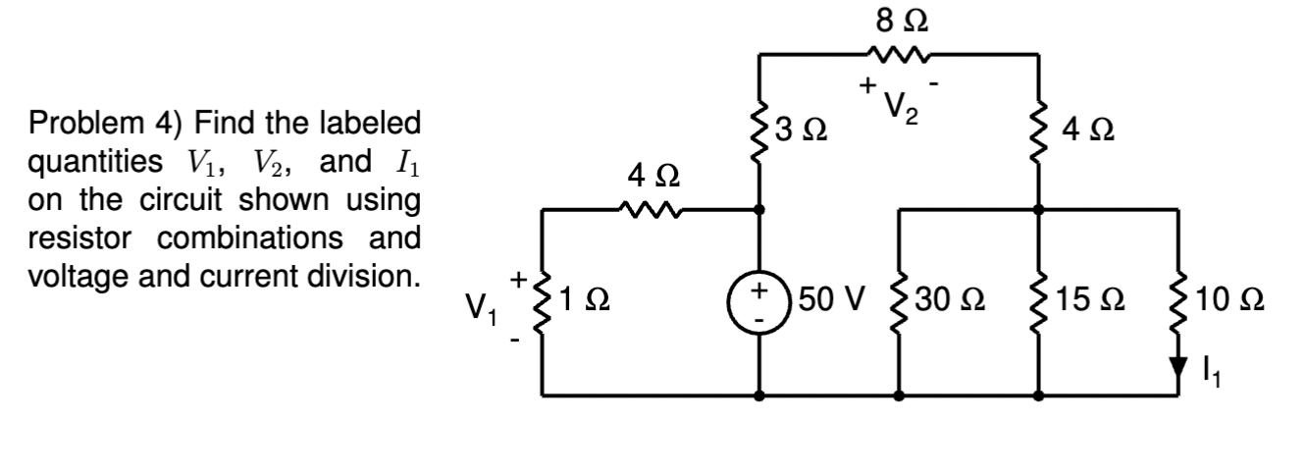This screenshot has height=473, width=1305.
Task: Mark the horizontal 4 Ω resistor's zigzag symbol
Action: pos(648,209)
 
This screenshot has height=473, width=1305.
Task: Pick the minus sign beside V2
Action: pos(938,84)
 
